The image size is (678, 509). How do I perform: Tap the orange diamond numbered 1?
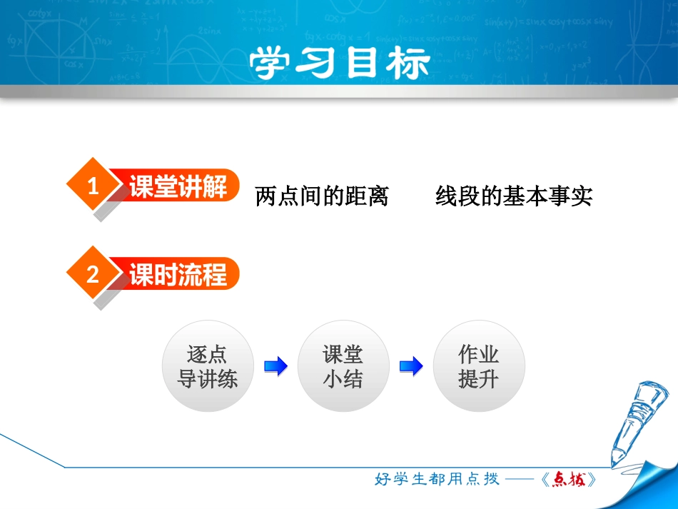(x=92, y=188)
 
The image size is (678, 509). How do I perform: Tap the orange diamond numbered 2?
(x=92, y=275)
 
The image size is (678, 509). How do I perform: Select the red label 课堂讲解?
(x=178, y=188)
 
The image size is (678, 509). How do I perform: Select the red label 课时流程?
(x=178, y=275)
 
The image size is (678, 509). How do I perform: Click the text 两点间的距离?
(x=322, y=196)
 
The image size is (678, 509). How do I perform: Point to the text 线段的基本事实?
(x=514, y=196)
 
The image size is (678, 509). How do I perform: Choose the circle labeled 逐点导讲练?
(x=208, y=366)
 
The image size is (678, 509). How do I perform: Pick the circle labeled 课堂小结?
(x=343, y=366)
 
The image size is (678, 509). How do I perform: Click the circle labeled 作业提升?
(x=479, y=366)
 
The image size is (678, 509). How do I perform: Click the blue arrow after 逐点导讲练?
(x=275, y=367)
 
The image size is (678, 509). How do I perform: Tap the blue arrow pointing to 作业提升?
(x=411, y=367)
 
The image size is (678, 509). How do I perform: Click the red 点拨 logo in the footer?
(x=568, y=480)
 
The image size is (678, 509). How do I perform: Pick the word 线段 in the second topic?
(x=451, y=196)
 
